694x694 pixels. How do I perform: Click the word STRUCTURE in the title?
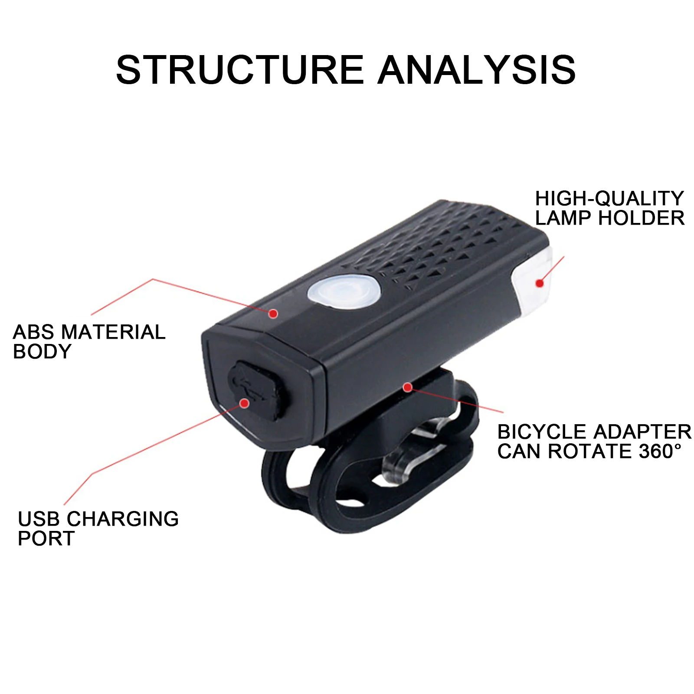(x=239, y=69)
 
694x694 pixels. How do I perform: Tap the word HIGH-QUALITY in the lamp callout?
(x=609, y=199)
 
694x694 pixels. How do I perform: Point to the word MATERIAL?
(x=113, y=332)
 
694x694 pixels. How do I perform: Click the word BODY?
(x=42, y=352)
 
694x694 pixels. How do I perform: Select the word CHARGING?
(x=123, y=519)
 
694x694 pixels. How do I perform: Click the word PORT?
(x=46, y=539)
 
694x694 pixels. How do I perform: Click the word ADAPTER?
(x=642, y=432)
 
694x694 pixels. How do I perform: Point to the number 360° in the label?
(x=659, y=452)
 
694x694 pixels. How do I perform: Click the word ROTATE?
(x=590, y=452)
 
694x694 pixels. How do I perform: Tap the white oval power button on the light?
(x=344, y=291)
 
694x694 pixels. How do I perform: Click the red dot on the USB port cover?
(x=245, y=403)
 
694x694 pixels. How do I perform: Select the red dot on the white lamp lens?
(x=540, y=283)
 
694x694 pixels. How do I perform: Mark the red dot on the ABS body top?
(x=273, y=313)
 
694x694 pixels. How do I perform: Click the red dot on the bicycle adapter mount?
(x=407, y=387)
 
